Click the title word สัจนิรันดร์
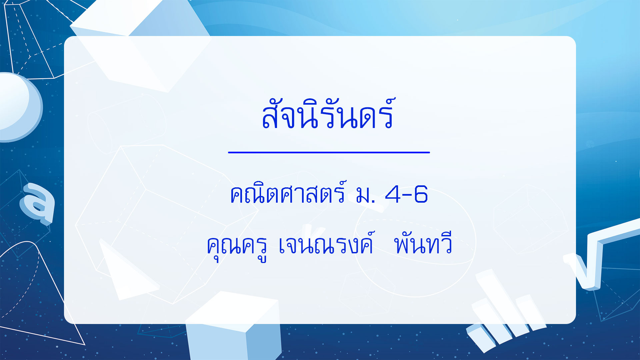[x=328, y=113]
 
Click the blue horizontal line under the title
[x=329, y=152]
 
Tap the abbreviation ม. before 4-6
[x=365, y=196]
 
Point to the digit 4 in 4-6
[x=393, y=194]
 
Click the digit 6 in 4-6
[x=421, y=194]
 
